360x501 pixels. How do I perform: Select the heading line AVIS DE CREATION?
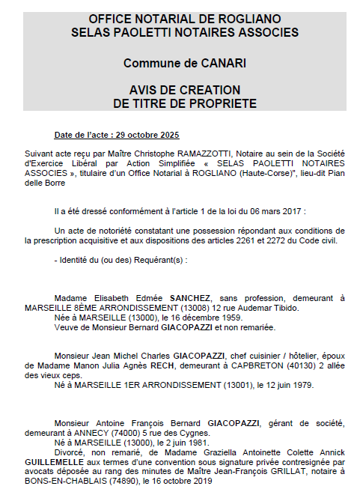pos(183,90)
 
